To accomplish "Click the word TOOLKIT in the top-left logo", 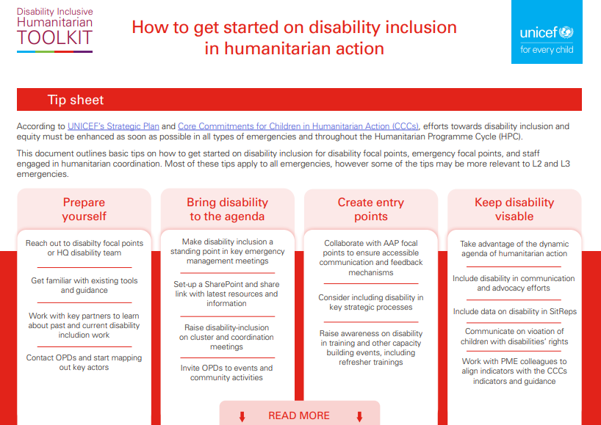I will pos(55,39).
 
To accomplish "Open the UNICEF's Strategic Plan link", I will pos(114,126).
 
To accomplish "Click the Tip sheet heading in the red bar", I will pos(76,100).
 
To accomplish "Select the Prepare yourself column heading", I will pos(84,209).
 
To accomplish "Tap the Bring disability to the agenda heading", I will pos(227,209).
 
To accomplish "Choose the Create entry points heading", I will pos(370,209).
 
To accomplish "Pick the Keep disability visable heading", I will pos(514,209).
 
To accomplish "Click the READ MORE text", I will pos(299,415).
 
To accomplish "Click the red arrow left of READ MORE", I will pos(241,416).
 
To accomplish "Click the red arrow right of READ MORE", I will pos(359,416).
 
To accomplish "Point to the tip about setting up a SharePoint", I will pos(226,294).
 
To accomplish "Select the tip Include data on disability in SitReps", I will pos(514,311).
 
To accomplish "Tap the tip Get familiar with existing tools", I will pos(84,286).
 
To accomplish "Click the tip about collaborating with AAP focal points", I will pos(371,258).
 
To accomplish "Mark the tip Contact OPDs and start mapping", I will pos(84,363).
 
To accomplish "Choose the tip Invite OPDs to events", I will pos(227,373).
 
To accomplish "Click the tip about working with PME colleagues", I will pos(514,371).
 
